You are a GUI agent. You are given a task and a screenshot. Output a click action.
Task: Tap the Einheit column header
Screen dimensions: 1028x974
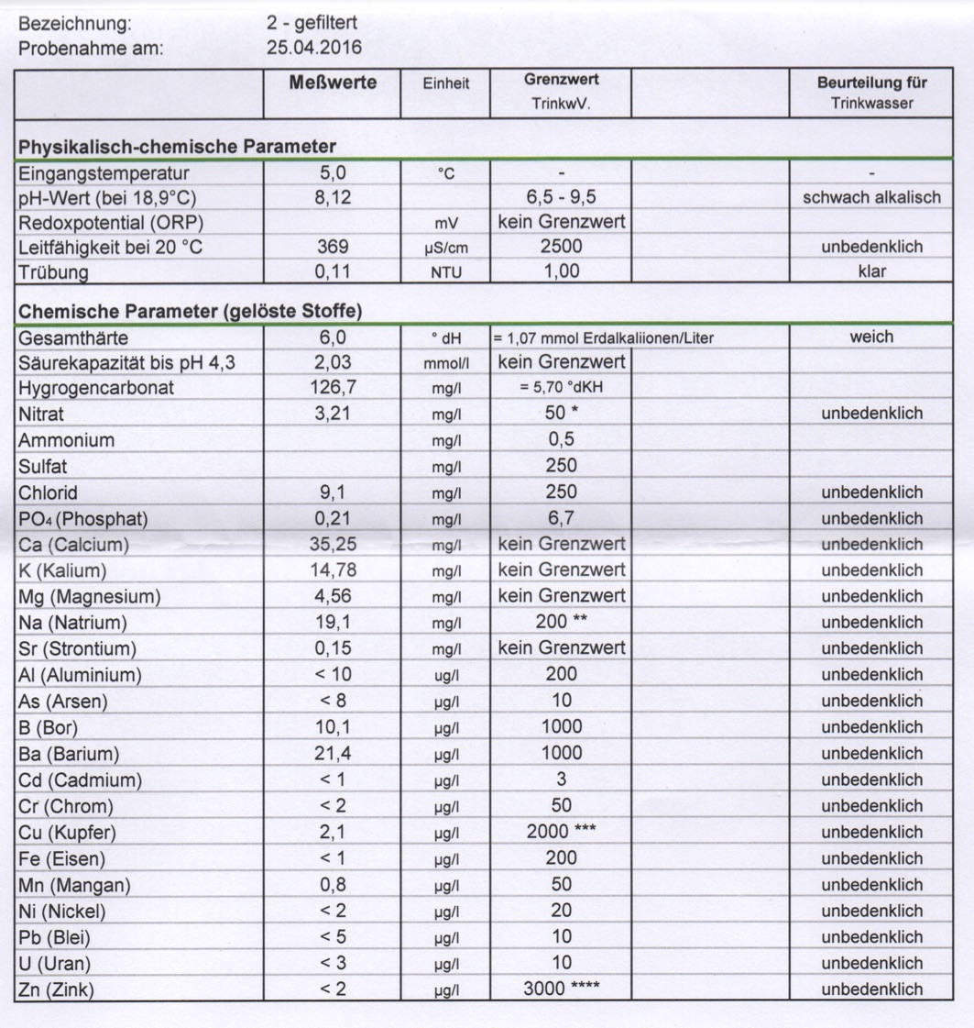(x=445, y=83)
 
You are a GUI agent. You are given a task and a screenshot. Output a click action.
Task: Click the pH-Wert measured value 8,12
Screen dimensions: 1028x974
(x=333, y=197)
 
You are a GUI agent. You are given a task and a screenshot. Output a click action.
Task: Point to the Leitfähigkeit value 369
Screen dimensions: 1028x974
(x=333, y=248)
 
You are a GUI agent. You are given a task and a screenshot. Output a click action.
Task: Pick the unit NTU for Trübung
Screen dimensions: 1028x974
(x=444, y=273)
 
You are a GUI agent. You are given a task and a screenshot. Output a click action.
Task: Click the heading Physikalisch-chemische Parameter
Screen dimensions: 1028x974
(x=177, y=147)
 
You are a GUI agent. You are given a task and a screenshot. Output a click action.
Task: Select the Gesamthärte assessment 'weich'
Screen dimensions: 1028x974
(x=871, y=337)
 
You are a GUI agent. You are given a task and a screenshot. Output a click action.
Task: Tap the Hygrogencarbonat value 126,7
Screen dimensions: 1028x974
(x=333, y=388)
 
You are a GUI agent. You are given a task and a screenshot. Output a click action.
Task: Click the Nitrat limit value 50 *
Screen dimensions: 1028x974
(x=562, y=414)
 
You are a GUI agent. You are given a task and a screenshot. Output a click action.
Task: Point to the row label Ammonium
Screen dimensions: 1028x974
(x=67, y=440)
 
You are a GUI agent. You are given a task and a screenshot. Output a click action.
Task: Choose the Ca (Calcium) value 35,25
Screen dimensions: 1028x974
(x=333, y=545)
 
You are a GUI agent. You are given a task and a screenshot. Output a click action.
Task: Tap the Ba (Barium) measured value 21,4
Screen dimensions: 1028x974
(x=333, y=754)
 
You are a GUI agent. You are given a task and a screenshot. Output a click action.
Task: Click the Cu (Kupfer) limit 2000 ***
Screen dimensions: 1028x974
(x=562, y=833)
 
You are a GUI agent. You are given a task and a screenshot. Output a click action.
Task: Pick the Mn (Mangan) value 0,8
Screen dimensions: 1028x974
(x=333, y=886)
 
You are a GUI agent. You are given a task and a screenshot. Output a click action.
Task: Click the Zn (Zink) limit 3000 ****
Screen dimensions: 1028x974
(x=562, y=989)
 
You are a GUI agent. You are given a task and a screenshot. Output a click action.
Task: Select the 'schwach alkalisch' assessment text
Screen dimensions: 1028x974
(x=871, y=197)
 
